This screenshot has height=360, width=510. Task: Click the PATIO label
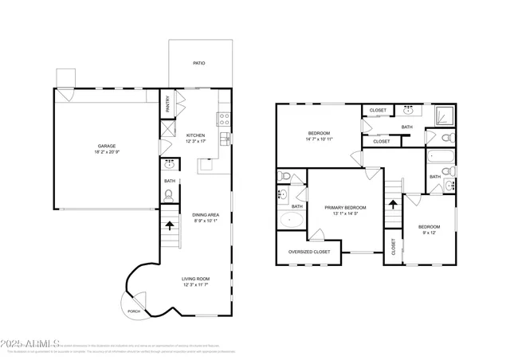(x=199, y=62)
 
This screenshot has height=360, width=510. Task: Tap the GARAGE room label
(x=107, y=146)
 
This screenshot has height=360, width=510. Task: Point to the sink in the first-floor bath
(x=170, y=165)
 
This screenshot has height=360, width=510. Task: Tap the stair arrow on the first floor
(x=170, y=225)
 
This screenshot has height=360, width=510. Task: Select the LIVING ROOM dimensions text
(x=197, y=284)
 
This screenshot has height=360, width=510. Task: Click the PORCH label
(x=134, y=311)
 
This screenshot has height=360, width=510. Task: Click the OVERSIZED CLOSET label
(x=309, y=252)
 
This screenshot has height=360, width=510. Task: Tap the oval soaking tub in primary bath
(x=292, y=221)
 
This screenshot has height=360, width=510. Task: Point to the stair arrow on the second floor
(x=392, y=204)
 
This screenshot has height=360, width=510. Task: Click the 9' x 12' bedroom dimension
(x=430, y=233)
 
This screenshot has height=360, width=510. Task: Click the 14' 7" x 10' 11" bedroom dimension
(x=319, y=139)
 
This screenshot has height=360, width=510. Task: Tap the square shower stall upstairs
(x=442, y=118)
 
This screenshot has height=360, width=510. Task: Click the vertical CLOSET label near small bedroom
(x=393, y=248)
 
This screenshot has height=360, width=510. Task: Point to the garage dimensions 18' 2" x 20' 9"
(x=107, y=152)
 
